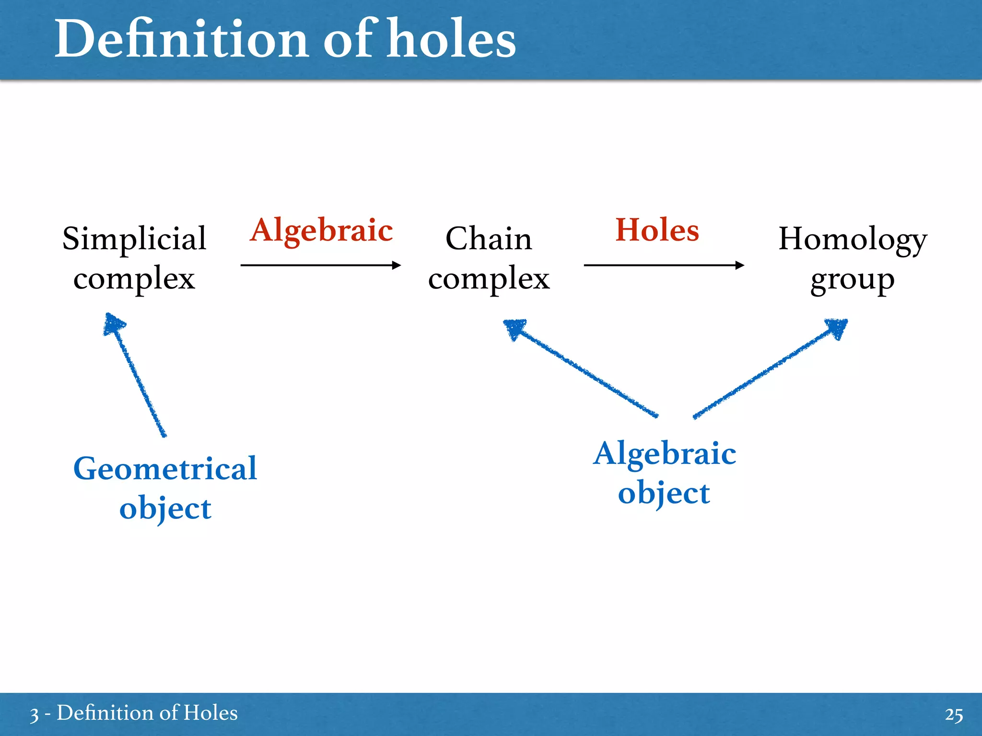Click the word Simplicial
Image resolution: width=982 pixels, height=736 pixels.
click(134, 238)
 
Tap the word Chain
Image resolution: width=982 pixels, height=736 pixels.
click(489, 238)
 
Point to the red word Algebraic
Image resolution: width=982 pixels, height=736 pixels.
click(321, 230)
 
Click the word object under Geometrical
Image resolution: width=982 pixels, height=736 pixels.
click(165, 509)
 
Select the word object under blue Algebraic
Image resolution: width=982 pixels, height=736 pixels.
click(664, 494)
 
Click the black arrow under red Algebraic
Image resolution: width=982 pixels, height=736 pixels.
click(320, 265)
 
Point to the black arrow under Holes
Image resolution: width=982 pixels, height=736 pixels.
click(664, 265)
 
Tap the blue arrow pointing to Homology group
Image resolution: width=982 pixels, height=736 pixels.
click(770, 368)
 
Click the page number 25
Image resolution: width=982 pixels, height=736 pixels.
click(954, 714)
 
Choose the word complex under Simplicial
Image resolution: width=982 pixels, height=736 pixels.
click(134, 279)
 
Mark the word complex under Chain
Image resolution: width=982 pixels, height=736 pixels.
click(489, 279)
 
